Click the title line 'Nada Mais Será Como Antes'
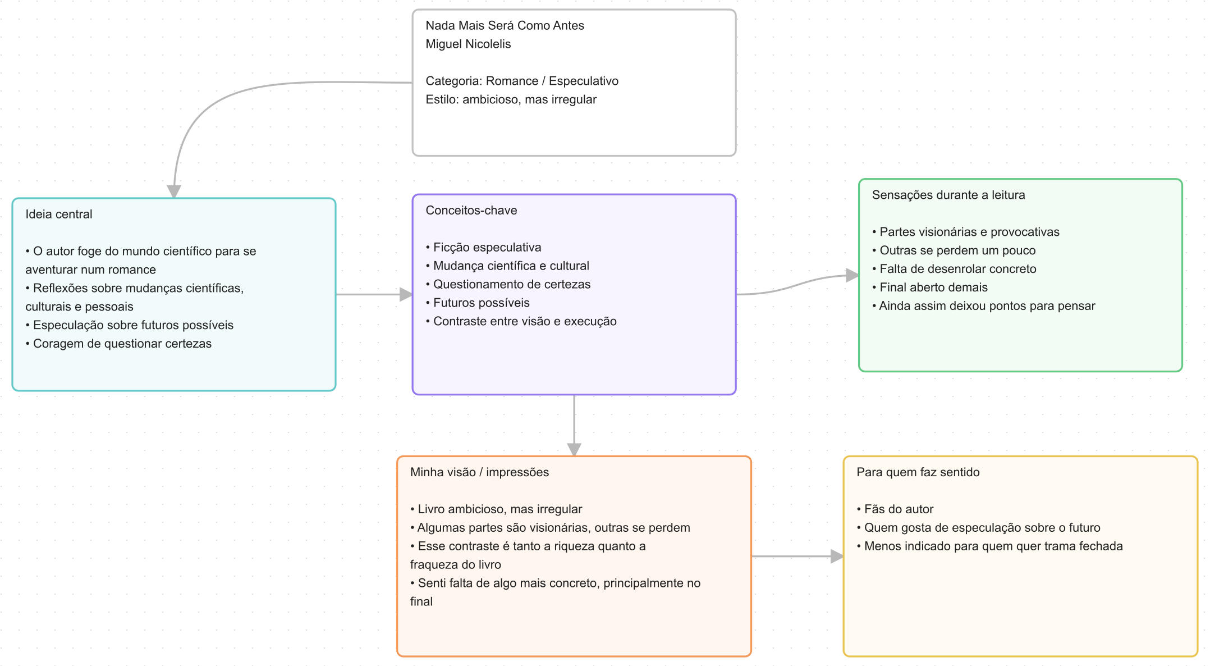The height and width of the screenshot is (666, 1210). [x=505, y=26]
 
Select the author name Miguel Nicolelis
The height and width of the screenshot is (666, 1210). [x=468, y=44]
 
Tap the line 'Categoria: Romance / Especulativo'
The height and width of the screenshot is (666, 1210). [x=522, y=81]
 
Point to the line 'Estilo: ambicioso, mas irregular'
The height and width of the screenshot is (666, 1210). [x=511, y=100]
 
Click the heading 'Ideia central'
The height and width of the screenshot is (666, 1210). [x=59, y=215]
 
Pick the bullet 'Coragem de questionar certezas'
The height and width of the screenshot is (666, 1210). [x=118, y=344]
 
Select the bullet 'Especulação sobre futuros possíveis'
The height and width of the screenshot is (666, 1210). [x=130, y=325]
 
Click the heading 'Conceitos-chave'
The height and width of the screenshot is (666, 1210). [x=471, y=211]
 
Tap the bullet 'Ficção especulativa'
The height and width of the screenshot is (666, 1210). [x=484, y=248]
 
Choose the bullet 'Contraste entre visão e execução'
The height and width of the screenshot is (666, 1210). [x=521, y=322]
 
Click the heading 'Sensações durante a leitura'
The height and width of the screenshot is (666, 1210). [x=948, y=195]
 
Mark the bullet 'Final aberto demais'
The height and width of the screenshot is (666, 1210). [x=930, y=288]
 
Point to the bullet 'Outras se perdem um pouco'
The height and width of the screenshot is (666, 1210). [x=954, y=250]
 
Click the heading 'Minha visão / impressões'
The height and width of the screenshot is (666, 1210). [x=479, y=472]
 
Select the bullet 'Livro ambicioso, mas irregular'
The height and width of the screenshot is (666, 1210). [x=496, y=509]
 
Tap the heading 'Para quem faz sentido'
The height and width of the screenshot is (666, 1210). [x=918, y=472]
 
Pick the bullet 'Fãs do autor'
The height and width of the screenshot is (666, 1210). [x=895, y=509]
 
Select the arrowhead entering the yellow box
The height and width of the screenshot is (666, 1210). [x=837, y=556]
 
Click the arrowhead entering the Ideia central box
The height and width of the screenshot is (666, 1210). [x=174, y=191]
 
